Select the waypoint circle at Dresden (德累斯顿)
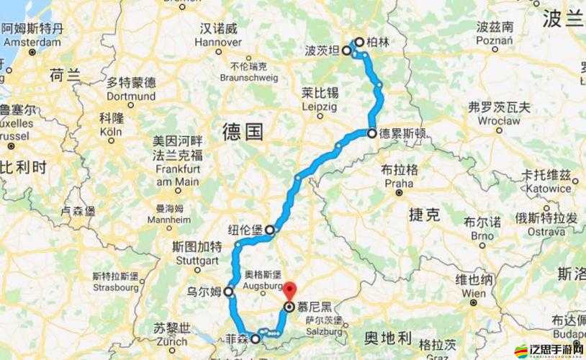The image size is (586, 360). pyautogui.click(x=371, y=133)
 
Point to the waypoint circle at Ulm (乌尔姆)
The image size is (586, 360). pyautogui.click(x=228, y=292)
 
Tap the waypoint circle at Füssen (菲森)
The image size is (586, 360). pyautogui.click(x=255, y=338)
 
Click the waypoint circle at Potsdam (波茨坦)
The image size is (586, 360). pyautogui.click(x=346, y=51)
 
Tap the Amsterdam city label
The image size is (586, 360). pyautogui.click(x=33, y=42)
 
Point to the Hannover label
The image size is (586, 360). pyautogui.click(x=217, y=42)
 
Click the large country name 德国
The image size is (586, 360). pyautogui.click(x=243, y=132)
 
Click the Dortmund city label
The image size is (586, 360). pyautogui.click(x=130, y=96)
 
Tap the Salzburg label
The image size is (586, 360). pyautogui.click(x=323, y=333)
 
